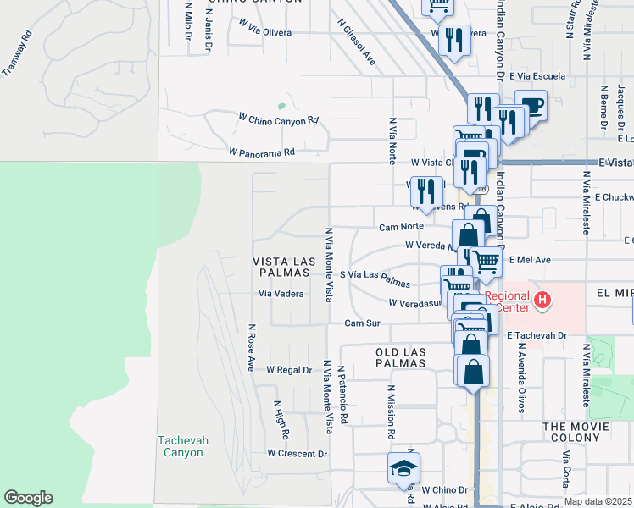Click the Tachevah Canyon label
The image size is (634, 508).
[x=181, y=446]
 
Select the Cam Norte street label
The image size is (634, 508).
[x=400, y=227]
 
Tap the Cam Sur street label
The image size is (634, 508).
[x=362, y=323]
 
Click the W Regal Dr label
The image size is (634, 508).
[x=290, y=370]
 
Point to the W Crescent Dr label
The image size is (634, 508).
[x=297, y=454]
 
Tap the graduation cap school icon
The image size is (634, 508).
[x=403, y=467]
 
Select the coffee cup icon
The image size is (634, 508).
[x=531, y=106]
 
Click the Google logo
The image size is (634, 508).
[x=28, y=498]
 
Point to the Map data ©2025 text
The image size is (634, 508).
[x=597, y=501]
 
